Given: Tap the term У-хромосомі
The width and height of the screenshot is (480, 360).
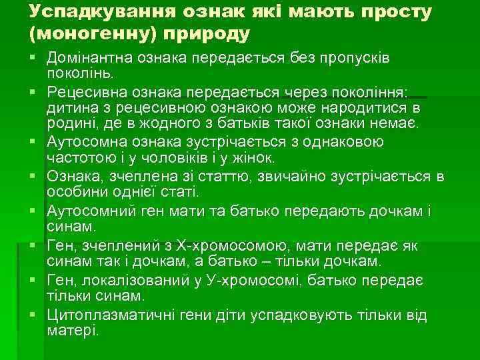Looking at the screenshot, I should coord(256,281).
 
